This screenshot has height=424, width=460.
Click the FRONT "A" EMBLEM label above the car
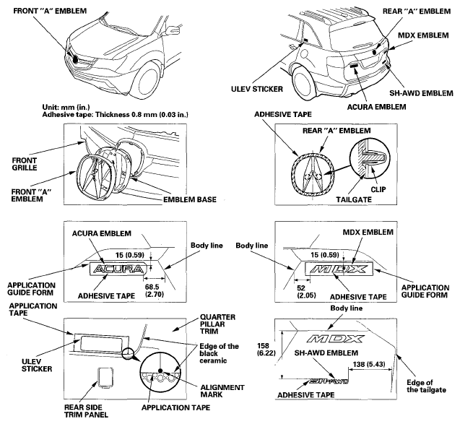pyautogui.click(x=50, y=11)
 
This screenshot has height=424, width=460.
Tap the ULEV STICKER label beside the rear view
pyautogui.click(x=257, y=89)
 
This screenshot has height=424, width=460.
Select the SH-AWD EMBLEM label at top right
pyautogui.click(x=421, y=93)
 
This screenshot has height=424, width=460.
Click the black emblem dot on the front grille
pyautogui.click(x=75, y=59)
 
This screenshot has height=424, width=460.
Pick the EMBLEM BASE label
pyautogui.click(x=190, y=200)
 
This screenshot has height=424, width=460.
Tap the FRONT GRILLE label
pyautogui.click(x=25, y=164)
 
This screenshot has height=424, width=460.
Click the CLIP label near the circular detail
pyautogui.click(x=378, y=189)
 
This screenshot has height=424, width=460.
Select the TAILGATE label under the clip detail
pyautogui.click(x=354, y=200)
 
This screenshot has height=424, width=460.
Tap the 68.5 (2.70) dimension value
pyautogui.click(x=155, y=290)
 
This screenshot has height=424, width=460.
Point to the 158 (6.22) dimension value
pyautogui.click(x=266, y=350)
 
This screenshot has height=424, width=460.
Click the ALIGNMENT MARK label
pyautogui.click(x=222, y=391)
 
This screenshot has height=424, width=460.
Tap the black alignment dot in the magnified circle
pyautogui.click(x=160, y=371)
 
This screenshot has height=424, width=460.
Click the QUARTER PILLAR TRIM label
pyautogui.click(x=217, y=324)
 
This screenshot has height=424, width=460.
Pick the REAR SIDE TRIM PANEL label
pyautogui.click(x=86, y=411)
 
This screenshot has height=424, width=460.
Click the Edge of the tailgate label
pyautogui.click(x=426, y=386)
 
